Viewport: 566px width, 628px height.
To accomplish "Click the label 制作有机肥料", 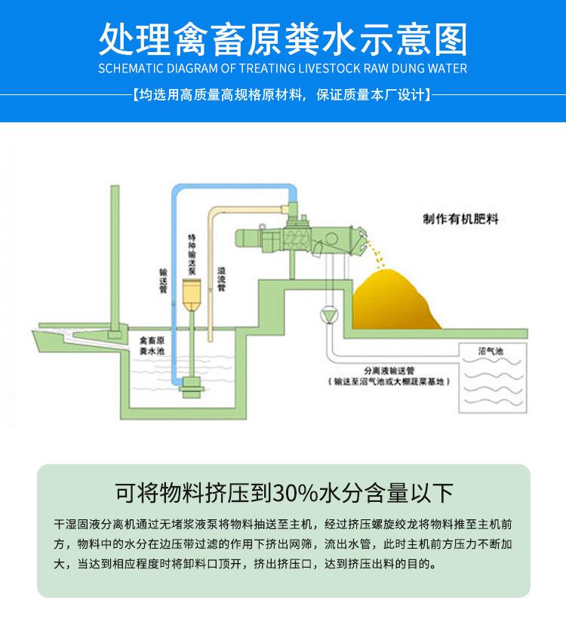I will point(461,220).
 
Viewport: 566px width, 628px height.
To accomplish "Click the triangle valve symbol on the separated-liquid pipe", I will point(329,312).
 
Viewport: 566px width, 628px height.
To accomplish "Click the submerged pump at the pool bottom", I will point(190,386).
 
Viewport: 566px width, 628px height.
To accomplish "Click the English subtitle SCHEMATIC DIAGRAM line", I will point(283,68).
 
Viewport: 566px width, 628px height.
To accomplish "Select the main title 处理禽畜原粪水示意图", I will point(283,38).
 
